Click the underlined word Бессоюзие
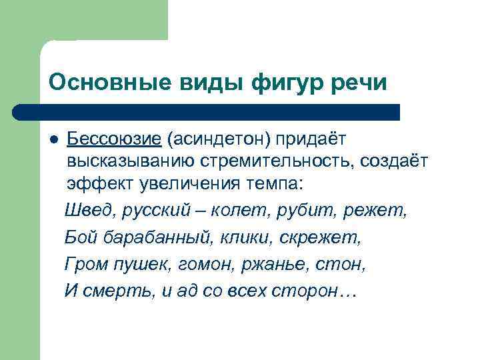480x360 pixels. tap(114, 139)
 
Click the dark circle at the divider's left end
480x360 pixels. tap(20, 112)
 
